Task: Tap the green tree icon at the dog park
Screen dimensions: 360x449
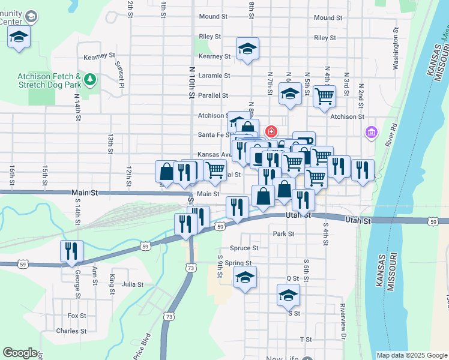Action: [90, 79]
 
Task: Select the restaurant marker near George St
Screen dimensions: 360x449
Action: [72, 251]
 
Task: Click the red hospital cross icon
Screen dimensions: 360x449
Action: [271, 130]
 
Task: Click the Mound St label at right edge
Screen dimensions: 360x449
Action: [328, 17]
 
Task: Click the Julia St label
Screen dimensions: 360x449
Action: [132, 285]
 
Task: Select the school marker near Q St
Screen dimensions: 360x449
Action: [245, 278]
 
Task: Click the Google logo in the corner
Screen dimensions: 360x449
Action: [20, 353]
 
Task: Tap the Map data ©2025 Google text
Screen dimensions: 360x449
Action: [411, 355]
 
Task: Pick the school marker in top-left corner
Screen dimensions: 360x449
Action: [19, 36]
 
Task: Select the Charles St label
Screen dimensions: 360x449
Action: [71, 331]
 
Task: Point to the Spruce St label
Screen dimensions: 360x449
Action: [244, 248]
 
